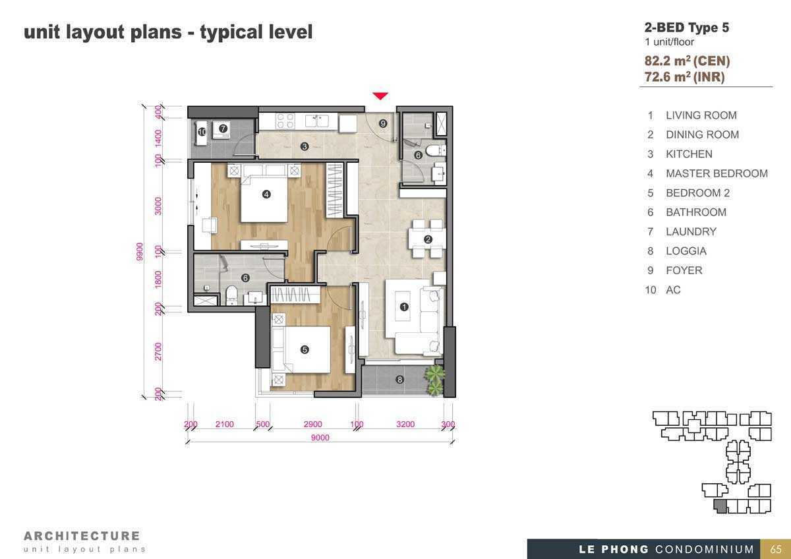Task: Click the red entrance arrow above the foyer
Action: point(380,96)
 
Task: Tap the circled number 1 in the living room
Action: point(404,307)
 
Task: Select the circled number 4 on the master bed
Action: point(266,194)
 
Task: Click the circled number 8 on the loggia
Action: point(399,380)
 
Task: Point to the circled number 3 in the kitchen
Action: point(305,146)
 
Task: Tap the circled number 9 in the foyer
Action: point(383,123)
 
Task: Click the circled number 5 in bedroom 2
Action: point(305,349)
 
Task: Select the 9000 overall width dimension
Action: point(320,438)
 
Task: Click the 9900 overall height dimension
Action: point(140,252)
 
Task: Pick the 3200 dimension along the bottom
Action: point(405,424)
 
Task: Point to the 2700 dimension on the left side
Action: point(158,351)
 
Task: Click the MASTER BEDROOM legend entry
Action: point(717,173)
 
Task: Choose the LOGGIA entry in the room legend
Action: point(686,251)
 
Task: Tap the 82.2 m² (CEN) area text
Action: point(687,61)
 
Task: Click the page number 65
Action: point(775,549)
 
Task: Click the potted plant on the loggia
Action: point(434,380)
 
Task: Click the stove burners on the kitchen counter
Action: point(285,121)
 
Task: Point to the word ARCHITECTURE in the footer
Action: point(82,536)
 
